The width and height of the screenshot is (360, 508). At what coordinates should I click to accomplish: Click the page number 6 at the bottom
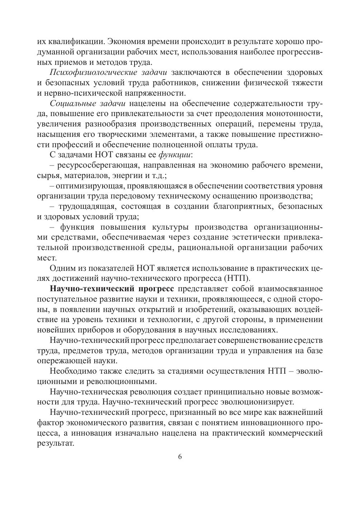[x=180, y=457]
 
